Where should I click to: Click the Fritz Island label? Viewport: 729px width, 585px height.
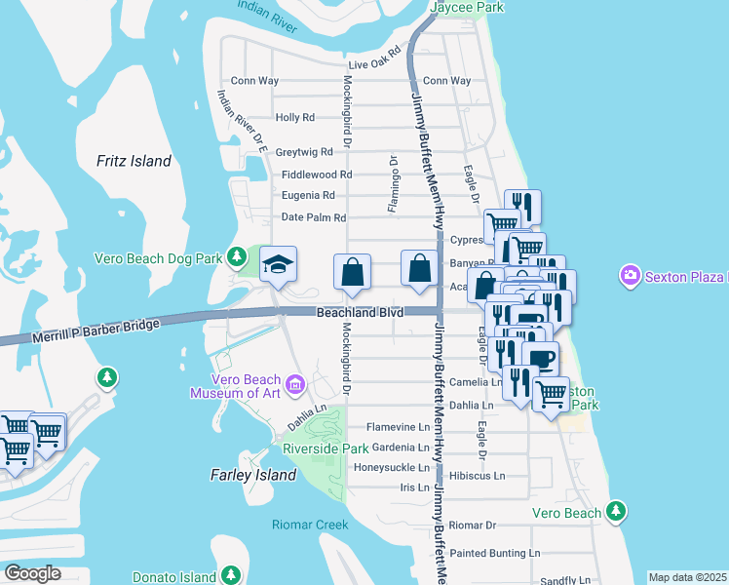coord(134,161)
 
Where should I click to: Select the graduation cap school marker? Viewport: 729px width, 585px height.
coord(279,264)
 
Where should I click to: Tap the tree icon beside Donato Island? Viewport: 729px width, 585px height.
coord(231,575)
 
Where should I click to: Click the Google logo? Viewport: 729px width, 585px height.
coord(32,572)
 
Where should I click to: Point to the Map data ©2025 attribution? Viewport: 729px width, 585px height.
coord(687,577)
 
